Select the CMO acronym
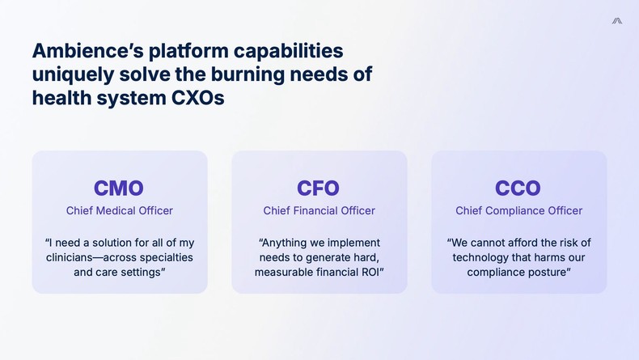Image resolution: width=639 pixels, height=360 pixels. [119, 188]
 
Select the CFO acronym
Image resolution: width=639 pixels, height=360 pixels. [319, 188]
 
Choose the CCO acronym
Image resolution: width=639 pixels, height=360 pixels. [518, 188]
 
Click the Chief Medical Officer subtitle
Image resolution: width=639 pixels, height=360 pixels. [119, 210]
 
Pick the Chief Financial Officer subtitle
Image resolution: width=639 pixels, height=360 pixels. [319, 210]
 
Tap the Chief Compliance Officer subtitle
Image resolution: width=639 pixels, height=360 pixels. [518, 210]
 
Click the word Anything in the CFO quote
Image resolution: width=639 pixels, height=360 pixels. [286, 243]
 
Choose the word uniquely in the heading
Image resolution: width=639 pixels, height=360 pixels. [70, 74]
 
